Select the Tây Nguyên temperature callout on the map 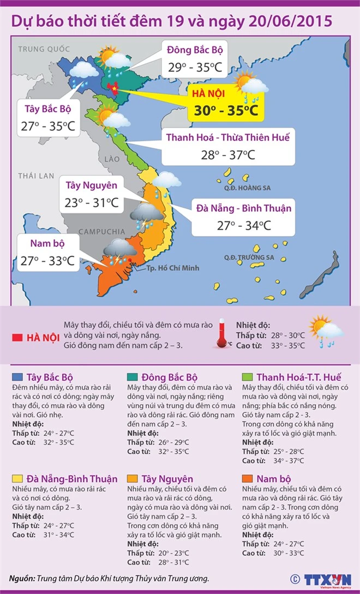pyautogui.click(x=92, y=194)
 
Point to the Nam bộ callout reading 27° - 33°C pyautogui.click(x=46, y=253)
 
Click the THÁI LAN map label pyautogui.click(x=36, y=176)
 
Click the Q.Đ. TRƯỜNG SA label pyautogui.click(x=249, y=257)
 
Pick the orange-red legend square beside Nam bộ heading pyautogui.click(x=248, y=479)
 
